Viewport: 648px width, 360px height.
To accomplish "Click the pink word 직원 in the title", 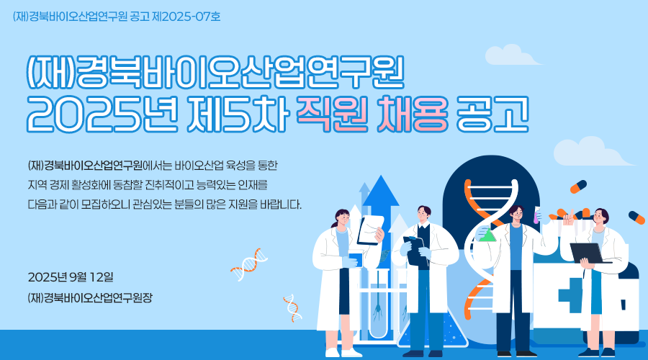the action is (332, 113).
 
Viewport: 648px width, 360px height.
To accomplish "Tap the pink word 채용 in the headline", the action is (413, 113).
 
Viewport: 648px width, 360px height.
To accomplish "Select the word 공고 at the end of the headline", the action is (492, 113).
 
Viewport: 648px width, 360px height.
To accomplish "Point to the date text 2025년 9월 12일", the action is (71, 277).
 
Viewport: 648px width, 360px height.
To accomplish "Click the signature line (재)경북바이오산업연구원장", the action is (90, 297).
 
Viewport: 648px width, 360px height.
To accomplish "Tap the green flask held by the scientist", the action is (487, 234).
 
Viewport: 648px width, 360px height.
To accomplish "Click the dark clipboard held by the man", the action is (416, 251).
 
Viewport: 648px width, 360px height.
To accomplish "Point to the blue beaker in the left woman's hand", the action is (356, 260).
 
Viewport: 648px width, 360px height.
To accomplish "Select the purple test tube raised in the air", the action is (536, 216).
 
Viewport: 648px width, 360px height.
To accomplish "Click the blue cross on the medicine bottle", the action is (571, 295).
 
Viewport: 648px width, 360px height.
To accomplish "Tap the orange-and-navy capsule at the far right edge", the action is (637, 217).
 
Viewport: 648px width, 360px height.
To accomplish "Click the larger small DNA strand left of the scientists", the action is (249, 264).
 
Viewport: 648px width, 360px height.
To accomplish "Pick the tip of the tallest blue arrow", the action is (381, 176).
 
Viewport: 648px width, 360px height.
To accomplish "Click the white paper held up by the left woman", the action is (371, 230).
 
